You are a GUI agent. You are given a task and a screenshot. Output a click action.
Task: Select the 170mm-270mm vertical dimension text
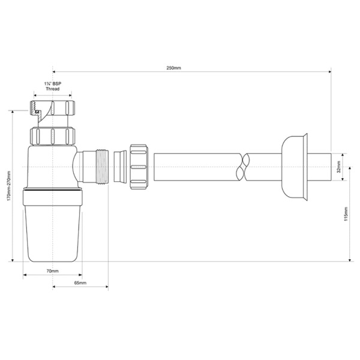[x=7, y=187]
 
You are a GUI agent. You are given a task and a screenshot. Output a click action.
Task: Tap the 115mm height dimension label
[x=344, y=214]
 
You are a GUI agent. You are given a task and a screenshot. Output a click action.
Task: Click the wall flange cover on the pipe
[x=294, y=166]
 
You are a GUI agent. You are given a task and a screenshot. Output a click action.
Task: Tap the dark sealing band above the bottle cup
[x=53, y=194]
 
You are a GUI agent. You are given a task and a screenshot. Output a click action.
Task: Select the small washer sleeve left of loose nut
[x=120, y=166]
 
